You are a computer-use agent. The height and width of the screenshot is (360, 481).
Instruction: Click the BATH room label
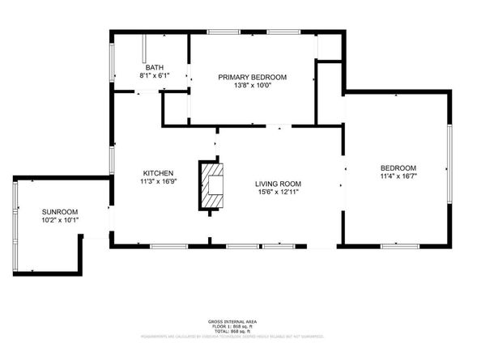tap(153, 67)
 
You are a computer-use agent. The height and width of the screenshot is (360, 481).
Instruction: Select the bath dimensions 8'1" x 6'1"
tap(153, 75)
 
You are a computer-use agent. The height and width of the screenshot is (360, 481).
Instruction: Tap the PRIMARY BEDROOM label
tap(253, 77)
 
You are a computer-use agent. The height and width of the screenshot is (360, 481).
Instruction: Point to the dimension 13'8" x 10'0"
tap(253, 85)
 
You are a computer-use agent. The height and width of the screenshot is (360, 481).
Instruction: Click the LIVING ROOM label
tap(278, 184)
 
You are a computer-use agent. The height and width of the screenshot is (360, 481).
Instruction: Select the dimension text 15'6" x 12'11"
tap(278, 193)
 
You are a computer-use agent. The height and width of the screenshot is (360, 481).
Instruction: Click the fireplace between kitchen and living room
tap(213, 185)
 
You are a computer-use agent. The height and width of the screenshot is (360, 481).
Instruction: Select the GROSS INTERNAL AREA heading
tap(240, 321)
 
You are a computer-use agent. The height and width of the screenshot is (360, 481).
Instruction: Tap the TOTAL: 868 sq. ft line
tap(240, 331)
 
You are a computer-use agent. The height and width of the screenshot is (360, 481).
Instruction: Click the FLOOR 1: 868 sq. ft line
tap(240, 326)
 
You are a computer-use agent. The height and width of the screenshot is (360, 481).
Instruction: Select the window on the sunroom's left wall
tap(15, 212)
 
